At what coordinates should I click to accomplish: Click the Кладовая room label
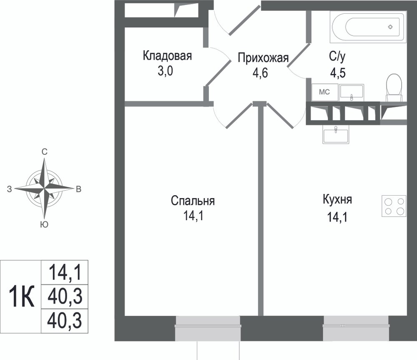tap(167, 56)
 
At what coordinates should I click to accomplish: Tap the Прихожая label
tap(263, 58)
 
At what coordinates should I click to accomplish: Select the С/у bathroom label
tap(337, 56)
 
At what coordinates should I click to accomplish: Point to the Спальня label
tap(193, 201)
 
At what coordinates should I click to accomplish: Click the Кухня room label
tap(337, 199)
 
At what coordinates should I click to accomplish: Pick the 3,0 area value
tap(166, 71)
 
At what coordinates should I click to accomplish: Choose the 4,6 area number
tap(260, 73)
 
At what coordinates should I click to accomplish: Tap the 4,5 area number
tap(338, 72)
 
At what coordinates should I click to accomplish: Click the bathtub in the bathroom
tap(368, 27)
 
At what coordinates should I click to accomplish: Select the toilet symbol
tap(394, 87)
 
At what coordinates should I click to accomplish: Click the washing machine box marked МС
tap(325, 92)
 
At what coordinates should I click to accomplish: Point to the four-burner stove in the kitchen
tap(394, 206)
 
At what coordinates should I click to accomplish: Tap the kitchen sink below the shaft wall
tap(336, 135)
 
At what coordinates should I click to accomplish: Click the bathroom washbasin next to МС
tap(352, 93)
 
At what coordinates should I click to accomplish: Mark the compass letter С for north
tap(44, 152)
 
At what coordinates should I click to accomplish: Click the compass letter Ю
tap(44, 225)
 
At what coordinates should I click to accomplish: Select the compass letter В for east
tap(79, 189)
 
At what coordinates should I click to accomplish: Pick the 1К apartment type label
tap(22, 297)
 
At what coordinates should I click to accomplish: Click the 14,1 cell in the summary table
tap(65, 272)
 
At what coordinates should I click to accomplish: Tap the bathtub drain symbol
tap(390, 27)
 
